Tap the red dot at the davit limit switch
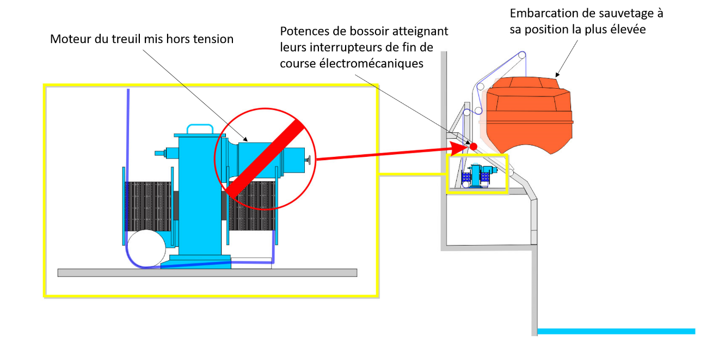coord(474,146)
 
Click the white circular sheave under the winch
coord(145,248)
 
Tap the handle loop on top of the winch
coord(199,129)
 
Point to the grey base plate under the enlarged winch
coord(207,272)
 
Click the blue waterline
coord(615,331)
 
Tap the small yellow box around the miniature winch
coord(477,174)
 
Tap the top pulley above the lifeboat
coord(522,55)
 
